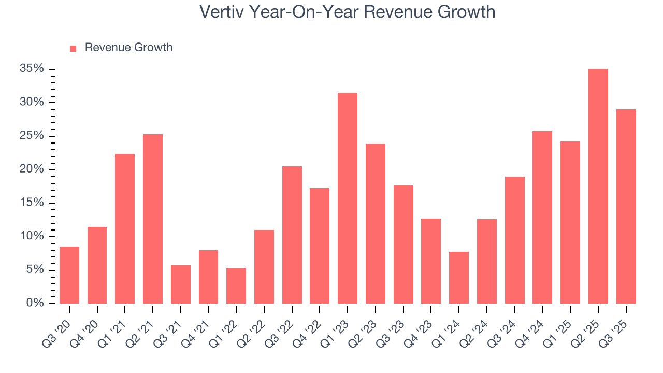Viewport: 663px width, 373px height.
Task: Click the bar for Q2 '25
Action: point(598,187)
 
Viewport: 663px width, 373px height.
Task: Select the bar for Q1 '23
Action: point(348,198)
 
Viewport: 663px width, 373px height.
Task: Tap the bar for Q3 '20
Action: point(69,275)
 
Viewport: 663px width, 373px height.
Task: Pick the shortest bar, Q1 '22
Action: point(236,286)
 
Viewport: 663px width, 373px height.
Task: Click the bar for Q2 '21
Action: point(153,219)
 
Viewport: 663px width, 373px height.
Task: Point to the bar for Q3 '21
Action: point(181,284)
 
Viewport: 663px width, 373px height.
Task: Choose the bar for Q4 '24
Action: point(542,218)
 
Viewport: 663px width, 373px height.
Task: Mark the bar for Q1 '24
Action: point(459,278)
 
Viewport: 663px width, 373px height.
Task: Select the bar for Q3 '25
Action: point(626,206)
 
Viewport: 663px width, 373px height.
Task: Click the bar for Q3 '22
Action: point(292,235)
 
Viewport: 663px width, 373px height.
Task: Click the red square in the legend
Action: point(73,49)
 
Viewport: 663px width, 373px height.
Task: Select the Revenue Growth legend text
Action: point(128,48)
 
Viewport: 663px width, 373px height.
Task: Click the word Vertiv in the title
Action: point(222,12)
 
